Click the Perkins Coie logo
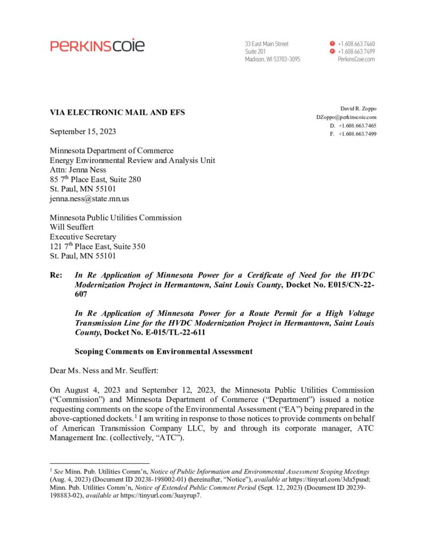pos(97,46)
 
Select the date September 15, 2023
pos(83,131)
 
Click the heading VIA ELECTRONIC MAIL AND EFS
pos(117,113)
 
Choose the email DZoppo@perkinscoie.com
pos(346,117)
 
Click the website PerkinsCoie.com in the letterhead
pos(356,60)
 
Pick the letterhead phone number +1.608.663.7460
pos(356,43)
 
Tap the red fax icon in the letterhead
pos(332,51)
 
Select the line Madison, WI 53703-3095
pos(272,60)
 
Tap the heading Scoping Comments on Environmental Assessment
pos(163,352)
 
